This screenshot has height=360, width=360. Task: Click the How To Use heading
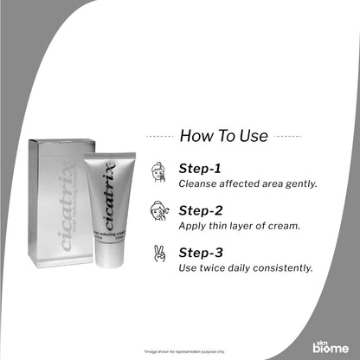click(223, 136)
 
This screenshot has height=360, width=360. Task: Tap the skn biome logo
click(331, 344)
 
